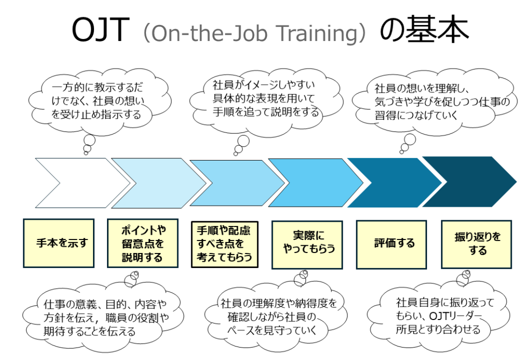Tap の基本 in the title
(x=424, y=30)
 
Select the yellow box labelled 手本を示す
(x=59, y=243)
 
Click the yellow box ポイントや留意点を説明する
(x=143, y=243)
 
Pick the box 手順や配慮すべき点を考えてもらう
(x=224, y=244)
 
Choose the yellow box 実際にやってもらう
(x=307, y=245)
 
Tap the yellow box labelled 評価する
(x=391, y=244)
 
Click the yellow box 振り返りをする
(x=476, y=244)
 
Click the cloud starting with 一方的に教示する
(x=98, y=101)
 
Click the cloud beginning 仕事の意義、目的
(x=103, y=317)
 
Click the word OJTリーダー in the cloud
(x=455, y=316)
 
